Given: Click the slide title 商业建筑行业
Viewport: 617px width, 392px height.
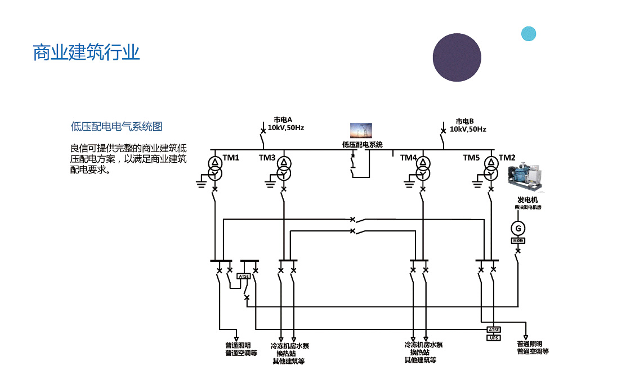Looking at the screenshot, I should [x=86, y=53].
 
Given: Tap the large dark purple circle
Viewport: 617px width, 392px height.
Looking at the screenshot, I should [x=457, y=57].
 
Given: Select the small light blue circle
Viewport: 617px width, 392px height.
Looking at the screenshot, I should [x=528, y=34].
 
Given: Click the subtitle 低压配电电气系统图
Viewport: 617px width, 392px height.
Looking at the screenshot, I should [x=117, y=126].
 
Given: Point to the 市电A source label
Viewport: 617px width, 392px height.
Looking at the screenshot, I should [x=283, y=119].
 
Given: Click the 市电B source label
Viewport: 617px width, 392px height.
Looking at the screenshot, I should [x=465, y=121].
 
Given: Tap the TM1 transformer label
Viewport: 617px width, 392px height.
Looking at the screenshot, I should [x=231, y=158].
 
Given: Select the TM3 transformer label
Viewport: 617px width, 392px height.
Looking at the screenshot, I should [x=267, y=158].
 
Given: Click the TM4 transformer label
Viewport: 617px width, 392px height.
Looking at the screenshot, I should [x=408, y=158].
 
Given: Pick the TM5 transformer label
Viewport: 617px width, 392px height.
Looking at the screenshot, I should [x=471, y=158].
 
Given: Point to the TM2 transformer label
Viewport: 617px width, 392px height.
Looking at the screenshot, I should [x=507, y=158].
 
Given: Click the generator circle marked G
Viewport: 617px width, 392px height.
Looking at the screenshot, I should [x=518, y=228].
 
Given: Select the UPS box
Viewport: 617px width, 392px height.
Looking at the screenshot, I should [x=493, y=338].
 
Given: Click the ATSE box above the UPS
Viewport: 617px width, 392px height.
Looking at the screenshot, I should [x=493, y=329].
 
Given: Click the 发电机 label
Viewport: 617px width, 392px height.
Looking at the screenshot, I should [x=527, y=200].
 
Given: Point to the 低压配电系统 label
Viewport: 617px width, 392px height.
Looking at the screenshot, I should [x=362, y=145].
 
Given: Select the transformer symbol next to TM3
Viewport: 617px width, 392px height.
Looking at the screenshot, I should [x=284, y=168].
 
